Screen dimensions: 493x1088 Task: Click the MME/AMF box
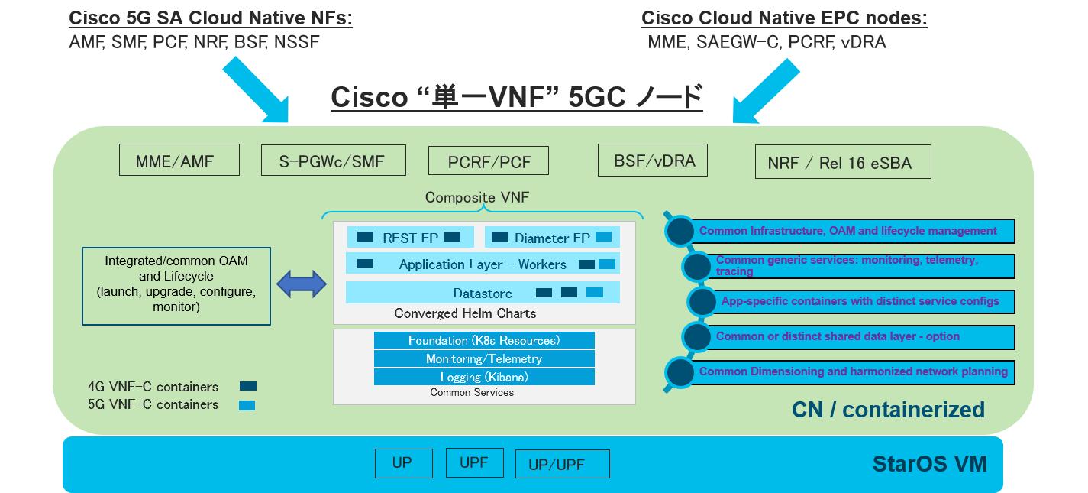point(179,161)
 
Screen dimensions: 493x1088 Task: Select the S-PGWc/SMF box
point(334,161)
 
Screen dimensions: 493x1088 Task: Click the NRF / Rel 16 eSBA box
point(843,162)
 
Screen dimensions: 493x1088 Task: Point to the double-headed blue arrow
point(301,285)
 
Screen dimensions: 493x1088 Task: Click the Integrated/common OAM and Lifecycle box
point(176,284)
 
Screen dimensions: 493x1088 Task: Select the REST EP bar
point(410,238)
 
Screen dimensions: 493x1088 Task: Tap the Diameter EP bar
point(552,238)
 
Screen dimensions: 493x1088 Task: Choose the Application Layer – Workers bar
point(483,264)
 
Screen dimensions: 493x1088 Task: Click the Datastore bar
point(483,293)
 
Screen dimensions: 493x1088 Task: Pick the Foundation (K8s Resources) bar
point(484,340)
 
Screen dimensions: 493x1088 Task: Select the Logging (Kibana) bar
point(484,377)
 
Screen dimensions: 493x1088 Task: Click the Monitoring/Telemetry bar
point(484,358)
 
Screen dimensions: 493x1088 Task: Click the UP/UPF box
point(562,464)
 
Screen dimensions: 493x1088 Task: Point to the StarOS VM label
point(929,463)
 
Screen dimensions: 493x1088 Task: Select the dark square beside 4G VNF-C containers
point(247,387)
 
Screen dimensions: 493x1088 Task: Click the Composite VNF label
point(476,198)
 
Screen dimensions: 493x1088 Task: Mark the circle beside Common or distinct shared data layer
point(696,336)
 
